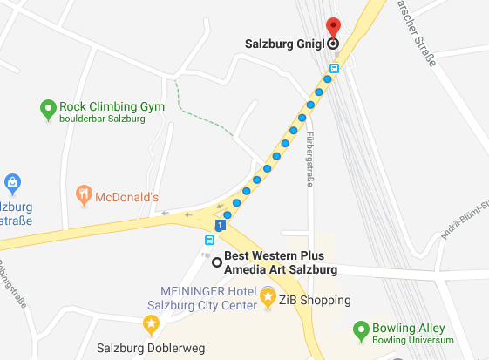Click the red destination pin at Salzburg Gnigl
332,26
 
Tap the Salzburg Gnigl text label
285,42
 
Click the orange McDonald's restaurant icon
83,194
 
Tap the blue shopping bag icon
12,183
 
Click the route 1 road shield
221,226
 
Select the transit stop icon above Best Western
210,240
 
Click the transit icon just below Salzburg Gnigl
334,65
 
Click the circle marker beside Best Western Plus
217,261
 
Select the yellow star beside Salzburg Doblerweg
151,325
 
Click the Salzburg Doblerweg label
151,348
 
